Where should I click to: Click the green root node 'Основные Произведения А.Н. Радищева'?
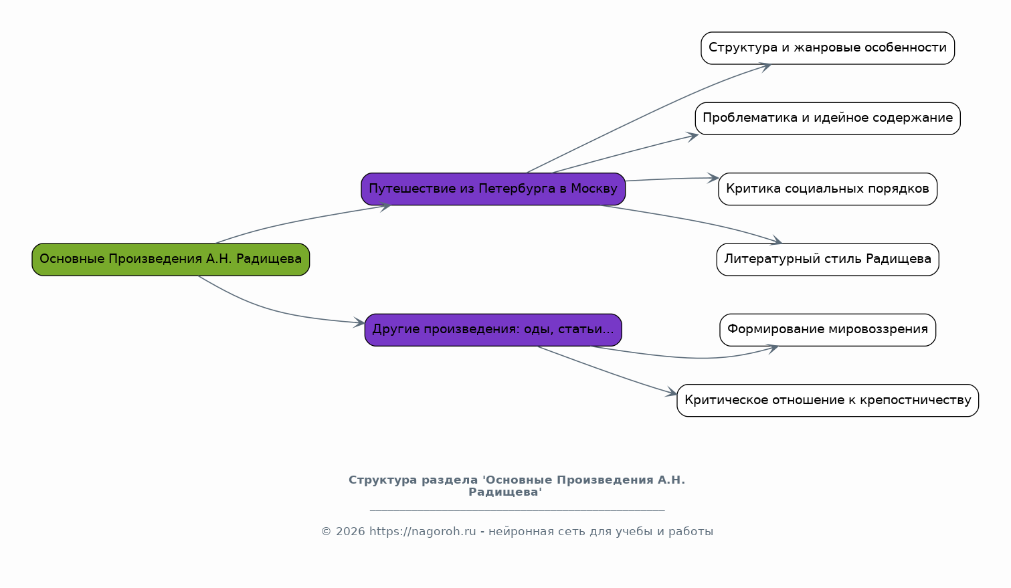click(x=171, y=260)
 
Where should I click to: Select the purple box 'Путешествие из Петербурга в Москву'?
click(x=493, y=189)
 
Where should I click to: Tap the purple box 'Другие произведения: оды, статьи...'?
click(x=493, y=330)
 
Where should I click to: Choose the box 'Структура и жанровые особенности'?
click(x=828, y=48)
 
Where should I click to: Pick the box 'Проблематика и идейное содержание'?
click(x=828, y=118)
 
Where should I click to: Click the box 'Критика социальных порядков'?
click(x=828, y=189)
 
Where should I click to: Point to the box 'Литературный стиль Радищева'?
click(x=828, y=260)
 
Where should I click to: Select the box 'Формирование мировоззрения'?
click(x=828, y=330)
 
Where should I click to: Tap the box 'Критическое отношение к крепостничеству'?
click(x=828, y=401)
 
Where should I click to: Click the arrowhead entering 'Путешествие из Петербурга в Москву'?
click(x=386, y=207)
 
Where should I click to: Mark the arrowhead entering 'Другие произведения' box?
click(x=361, y=323)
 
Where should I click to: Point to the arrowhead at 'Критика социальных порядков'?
click(x=714, y=178)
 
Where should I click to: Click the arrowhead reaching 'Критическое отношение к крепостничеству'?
click(x=672, y=393)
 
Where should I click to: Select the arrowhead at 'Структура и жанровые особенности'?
click(x=766, y=66)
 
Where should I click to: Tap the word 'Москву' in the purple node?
click(x=594, y=189)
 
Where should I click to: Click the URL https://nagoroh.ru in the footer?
click(x=423, y=532)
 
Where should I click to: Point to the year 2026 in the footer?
click(x=351, y=532)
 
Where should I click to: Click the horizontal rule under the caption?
click(x=517, y=510)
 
